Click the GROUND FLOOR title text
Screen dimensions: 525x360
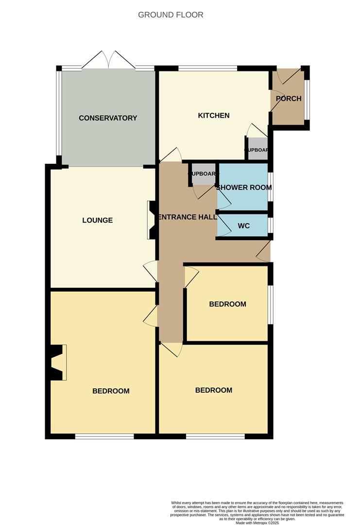(171, 15)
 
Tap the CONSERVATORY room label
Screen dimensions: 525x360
(108, 118)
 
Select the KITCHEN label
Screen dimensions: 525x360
(213, 116)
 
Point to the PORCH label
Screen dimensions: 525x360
(289, 99)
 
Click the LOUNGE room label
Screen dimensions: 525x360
(97, 220)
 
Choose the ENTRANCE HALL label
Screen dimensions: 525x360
(188, 217)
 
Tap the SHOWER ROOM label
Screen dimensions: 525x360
(244, 188)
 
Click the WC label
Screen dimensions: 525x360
(244, 226)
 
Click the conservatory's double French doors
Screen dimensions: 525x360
(109, 60)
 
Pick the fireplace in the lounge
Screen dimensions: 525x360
(151, 220)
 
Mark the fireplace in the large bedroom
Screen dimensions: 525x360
(58, 363)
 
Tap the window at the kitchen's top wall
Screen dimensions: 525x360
(207, 69)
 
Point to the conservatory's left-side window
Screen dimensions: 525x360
(59, 113)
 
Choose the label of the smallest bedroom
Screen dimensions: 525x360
(227, 304)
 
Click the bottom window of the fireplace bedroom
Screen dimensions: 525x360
(104, 436)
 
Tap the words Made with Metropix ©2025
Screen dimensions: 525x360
(257, 523)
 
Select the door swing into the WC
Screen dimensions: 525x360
(224, 225)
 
